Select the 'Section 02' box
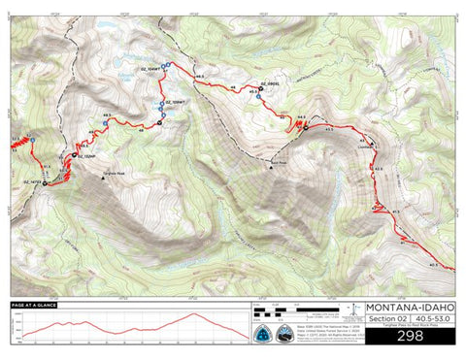pos(385,319)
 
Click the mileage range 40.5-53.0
pos(433,319)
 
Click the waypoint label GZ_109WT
pos(174,101)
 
